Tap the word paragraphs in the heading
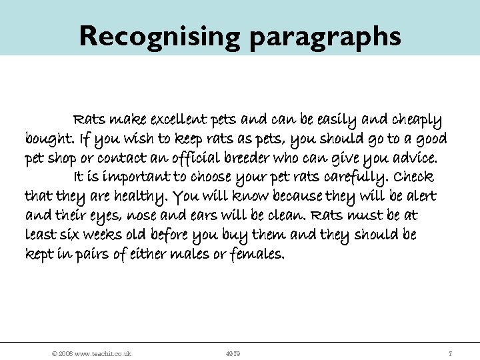325,37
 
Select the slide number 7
451,353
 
